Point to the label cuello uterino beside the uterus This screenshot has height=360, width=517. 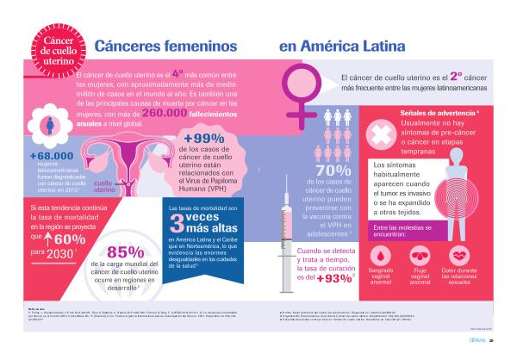(104, 186)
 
